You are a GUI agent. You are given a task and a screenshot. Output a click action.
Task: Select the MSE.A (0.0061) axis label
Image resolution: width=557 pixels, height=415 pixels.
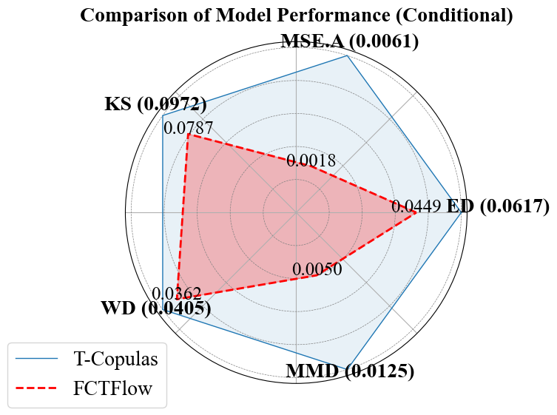point(350,42)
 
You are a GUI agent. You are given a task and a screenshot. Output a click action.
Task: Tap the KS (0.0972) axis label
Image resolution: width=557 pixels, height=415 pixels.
point(155,104)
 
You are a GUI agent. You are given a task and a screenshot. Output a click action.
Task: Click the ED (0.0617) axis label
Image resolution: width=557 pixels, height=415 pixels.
point(498,206)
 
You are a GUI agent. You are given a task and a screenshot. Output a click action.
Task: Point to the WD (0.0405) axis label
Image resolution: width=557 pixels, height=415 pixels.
point(155,308)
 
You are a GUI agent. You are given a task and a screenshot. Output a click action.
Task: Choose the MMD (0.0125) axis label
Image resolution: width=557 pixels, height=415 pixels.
point(350,371)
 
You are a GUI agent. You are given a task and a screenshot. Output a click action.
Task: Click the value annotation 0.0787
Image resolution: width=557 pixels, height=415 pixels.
point(184,128)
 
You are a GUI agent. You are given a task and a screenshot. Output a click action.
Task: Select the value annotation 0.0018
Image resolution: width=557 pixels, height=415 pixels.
point(311,161)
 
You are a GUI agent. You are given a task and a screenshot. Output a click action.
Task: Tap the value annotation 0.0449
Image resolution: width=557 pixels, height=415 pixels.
point(416,206)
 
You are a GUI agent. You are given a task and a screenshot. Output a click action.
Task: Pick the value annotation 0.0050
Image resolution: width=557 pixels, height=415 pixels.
point(317,269)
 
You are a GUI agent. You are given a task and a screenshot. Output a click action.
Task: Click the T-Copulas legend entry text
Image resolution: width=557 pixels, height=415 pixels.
point(115,360)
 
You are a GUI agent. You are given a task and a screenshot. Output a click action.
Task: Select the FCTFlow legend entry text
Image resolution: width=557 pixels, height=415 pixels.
point(112,388)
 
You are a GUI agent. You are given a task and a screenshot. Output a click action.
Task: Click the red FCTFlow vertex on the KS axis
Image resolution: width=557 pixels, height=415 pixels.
point(189,135)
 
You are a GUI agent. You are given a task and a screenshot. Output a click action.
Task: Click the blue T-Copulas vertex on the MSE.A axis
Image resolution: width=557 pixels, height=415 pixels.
point(348,55)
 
